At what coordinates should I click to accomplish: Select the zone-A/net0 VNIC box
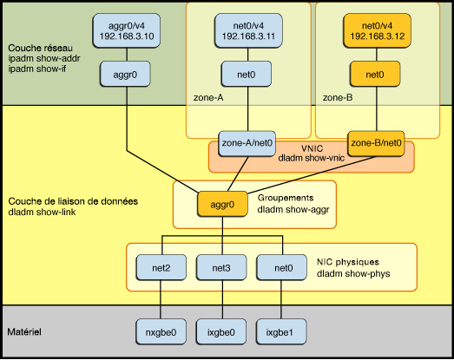coord(248,142)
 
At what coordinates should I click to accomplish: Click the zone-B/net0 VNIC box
coord(375,142)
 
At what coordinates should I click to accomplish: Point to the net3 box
coord(221,267)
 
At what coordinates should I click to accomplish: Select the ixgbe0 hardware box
coord(221,331)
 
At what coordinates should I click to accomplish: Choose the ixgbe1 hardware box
coord(279,331)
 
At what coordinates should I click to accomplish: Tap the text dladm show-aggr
coord(295,209)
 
